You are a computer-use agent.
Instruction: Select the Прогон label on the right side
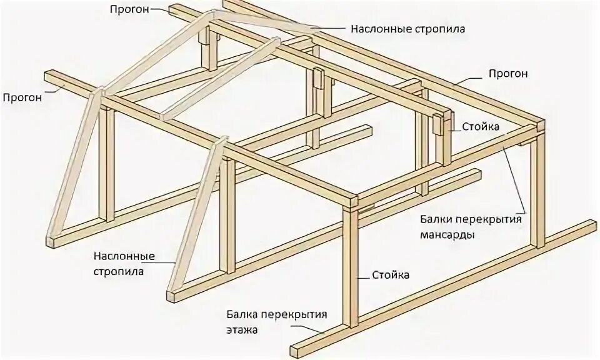(x=508, y=74)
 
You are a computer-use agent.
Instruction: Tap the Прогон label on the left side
(x=22, y=97)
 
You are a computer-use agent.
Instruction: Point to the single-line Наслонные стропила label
(x=407, y=29)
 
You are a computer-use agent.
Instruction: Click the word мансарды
(x=447, y=235)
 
